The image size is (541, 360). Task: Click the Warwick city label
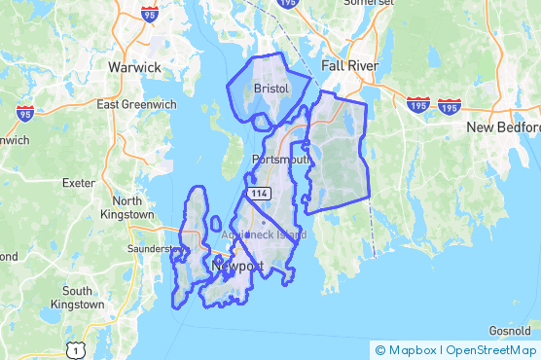134,67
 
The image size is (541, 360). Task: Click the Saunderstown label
156,248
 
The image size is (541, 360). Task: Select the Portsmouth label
280,159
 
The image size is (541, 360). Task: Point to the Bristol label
270,88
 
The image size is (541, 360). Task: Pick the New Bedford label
503,127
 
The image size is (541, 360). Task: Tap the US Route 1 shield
75,348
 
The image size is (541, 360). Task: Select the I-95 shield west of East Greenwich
24,114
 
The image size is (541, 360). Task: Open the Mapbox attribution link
409,349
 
